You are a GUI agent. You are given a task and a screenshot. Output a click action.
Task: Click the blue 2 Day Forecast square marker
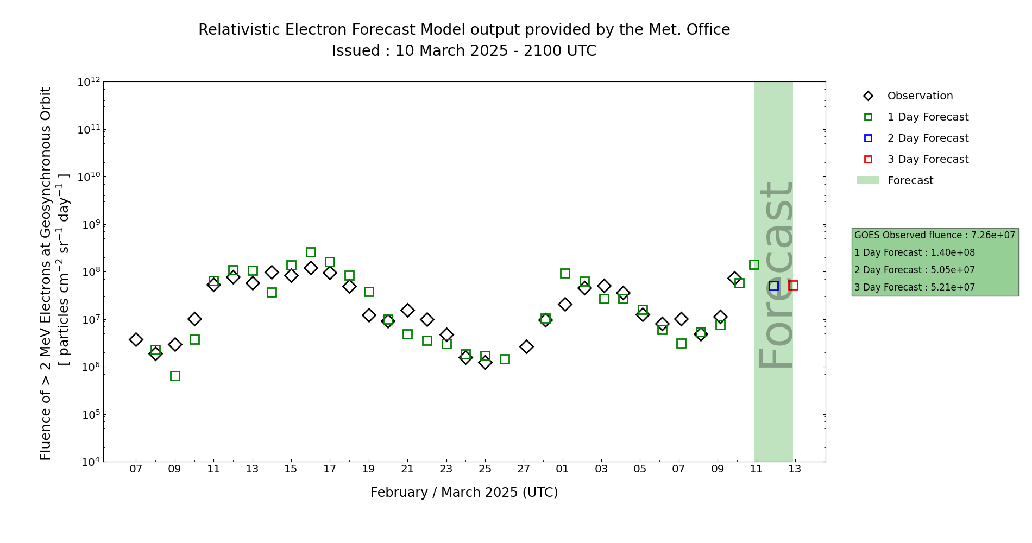[773, 286]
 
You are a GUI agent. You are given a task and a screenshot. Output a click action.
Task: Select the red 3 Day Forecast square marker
[793, 285]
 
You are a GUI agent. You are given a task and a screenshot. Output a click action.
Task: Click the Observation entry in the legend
[920, 96]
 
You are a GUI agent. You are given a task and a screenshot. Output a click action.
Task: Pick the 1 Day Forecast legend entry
[927, 117]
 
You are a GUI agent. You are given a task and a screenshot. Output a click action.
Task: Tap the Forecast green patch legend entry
[910, 181]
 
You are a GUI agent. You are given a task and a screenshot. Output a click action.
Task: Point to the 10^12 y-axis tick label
[89, 82]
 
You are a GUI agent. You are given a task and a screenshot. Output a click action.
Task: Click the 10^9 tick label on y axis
[89, 225]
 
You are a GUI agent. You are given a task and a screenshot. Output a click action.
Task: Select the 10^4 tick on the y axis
[89, 462]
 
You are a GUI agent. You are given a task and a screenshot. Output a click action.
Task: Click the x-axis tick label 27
[524, 469]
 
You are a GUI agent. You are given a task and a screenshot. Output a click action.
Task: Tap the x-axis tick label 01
[562, 469]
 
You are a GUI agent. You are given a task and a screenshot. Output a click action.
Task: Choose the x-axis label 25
[485, 469]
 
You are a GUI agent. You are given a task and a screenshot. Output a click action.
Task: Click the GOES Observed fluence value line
[934, 236]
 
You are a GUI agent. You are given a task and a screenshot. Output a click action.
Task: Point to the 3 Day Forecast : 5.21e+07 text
[914, 288]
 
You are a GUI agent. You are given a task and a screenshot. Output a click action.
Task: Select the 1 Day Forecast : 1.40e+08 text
[914, 253]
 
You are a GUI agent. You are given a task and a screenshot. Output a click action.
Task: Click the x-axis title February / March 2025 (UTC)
[464, 493]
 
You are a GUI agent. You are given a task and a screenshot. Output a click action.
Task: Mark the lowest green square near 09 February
[175, 376]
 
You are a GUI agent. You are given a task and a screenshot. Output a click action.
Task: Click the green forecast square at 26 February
[505, 359]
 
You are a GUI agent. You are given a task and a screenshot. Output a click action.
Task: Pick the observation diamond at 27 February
[526, 346]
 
